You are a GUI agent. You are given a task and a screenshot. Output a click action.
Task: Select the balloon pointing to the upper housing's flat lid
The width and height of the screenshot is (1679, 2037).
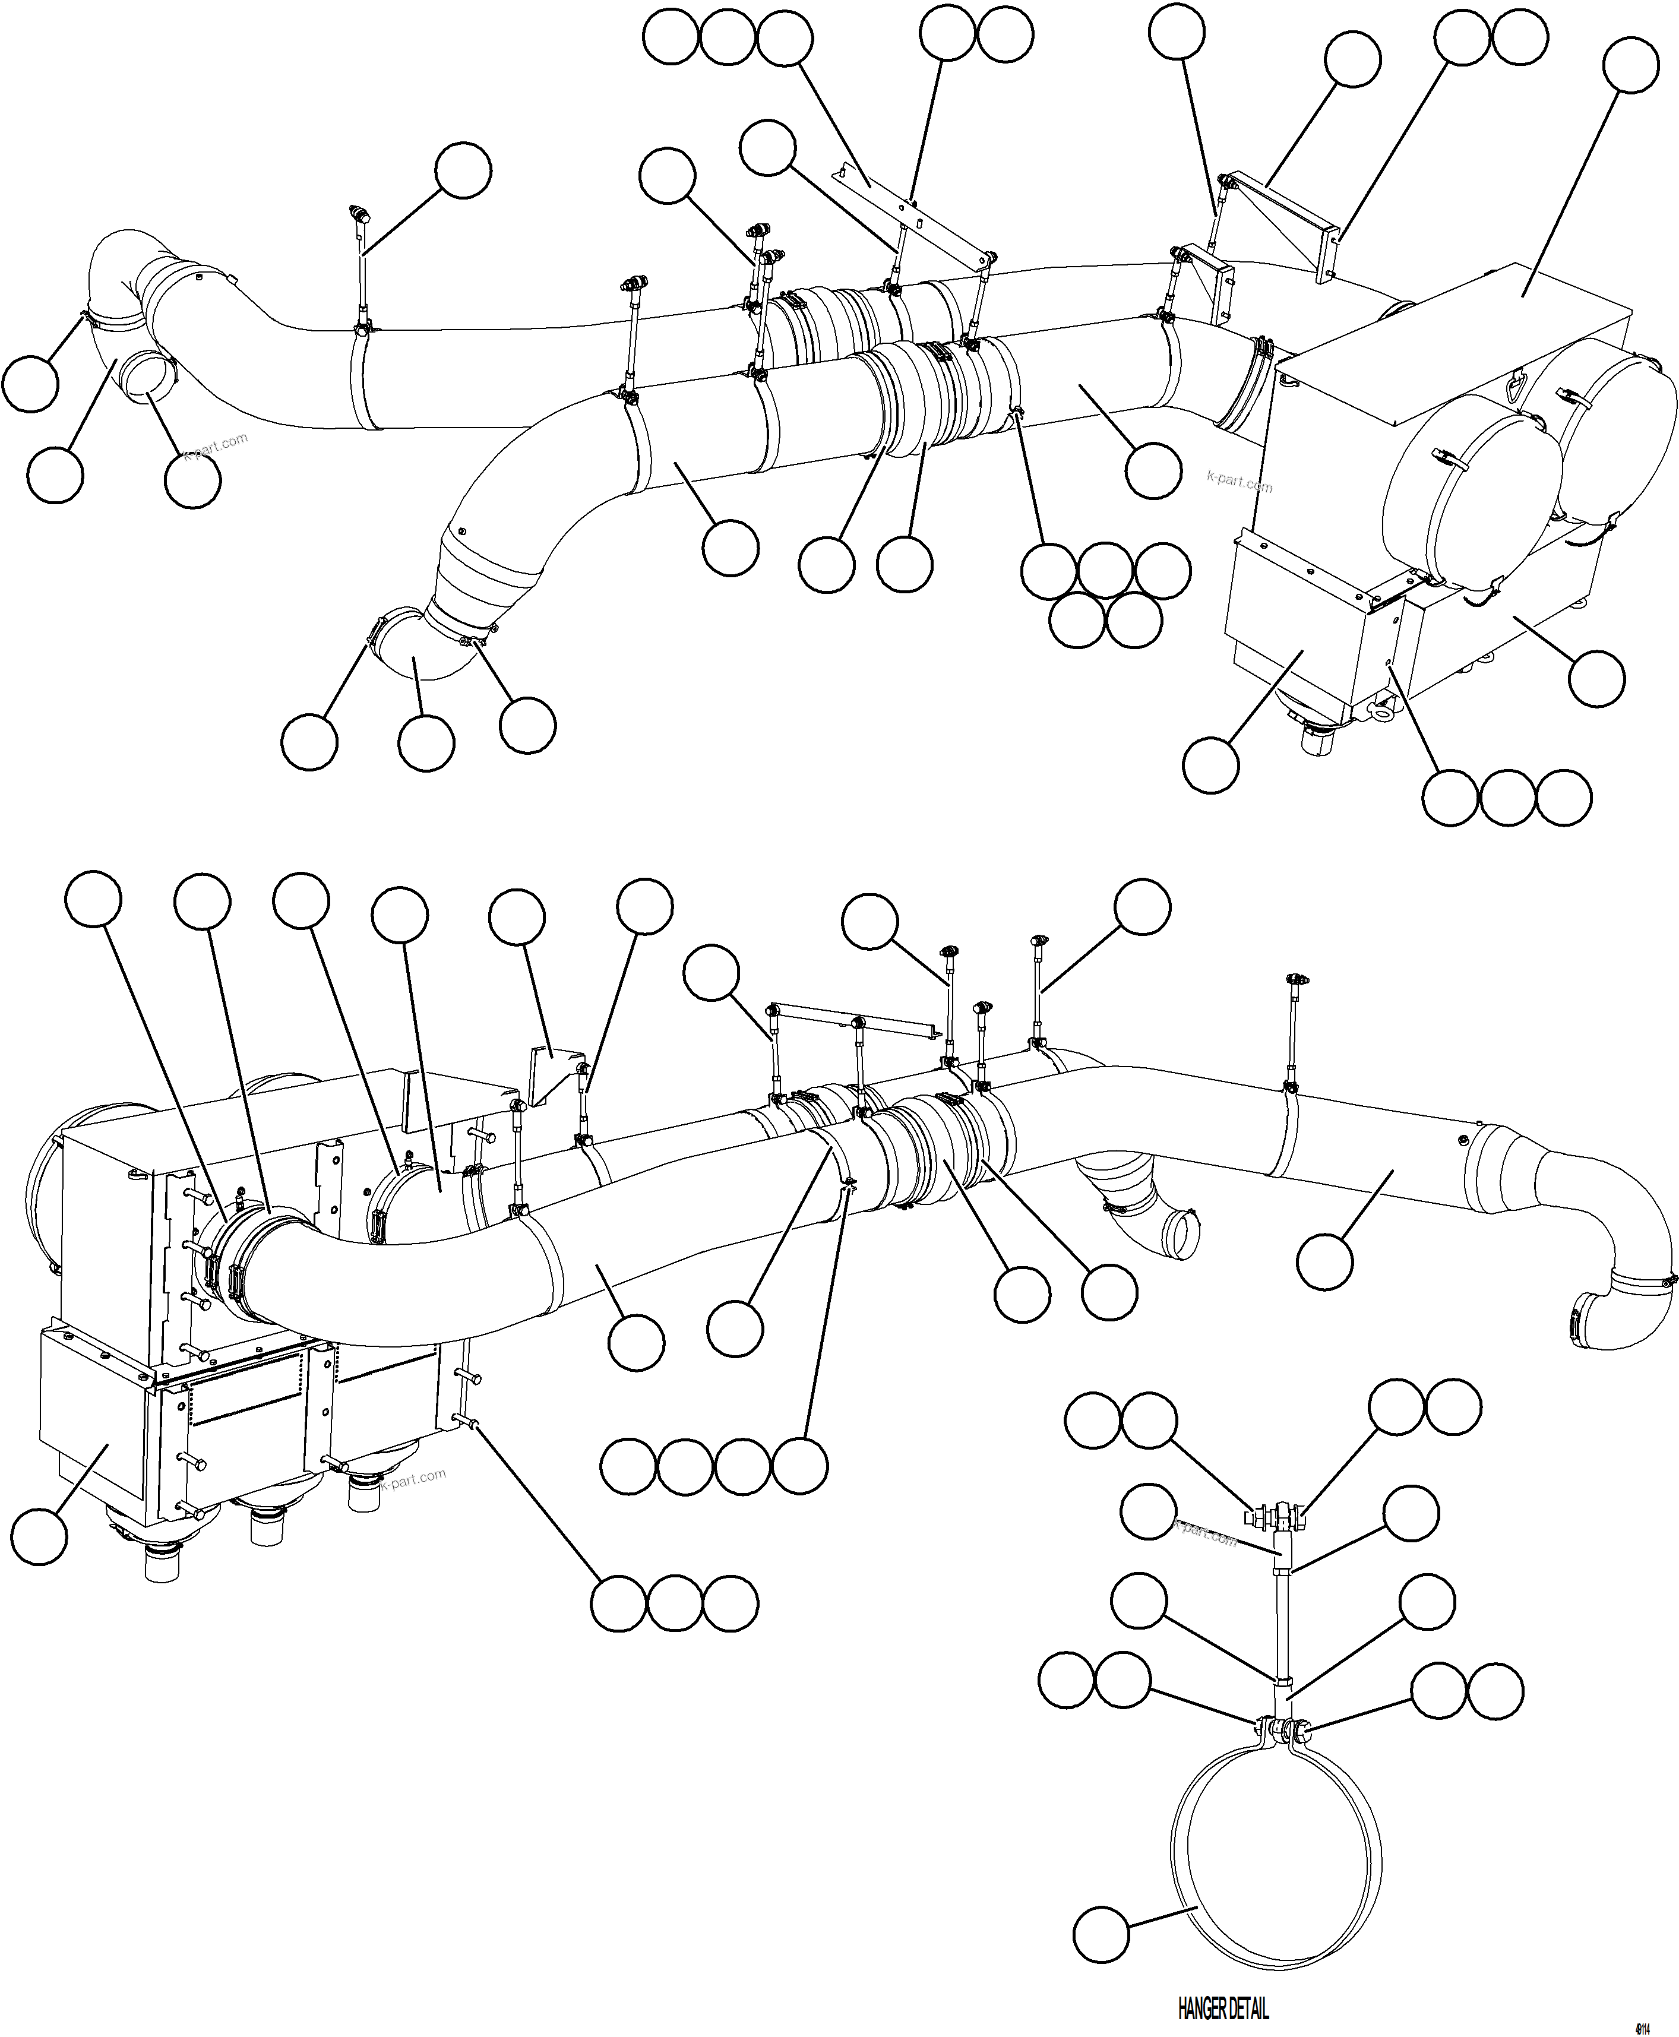click(x=1631, y=66)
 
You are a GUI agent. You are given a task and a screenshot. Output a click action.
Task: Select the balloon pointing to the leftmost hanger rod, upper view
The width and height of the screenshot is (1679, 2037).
click(x=462, y=171)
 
